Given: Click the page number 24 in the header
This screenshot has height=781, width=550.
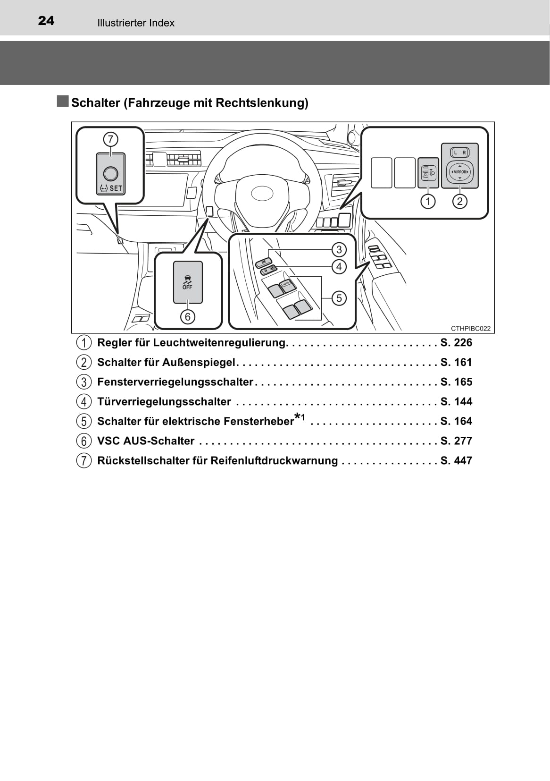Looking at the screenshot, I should tap(46, 21).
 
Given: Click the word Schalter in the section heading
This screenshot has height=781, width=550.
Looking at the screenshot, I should tap(96, 103).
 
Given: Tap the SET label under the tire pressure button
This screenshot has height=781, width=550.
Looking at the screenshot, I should tap(116, 188).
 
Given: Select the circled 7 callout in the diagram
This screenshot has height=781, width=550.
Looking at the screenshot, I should tap(110, 139).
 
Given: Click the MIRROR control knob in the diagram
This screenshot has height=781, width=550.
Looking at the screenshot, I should tap(459, 172).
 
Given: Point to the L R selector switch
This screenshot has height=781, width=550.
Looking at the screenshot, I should tap(459, 153).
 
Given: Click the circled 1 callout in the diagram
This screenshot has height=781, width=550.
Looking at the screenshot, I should tap(428, 202).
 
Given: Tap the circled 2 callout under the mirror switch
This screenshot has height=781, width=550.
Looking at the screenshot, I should tap(459, 202).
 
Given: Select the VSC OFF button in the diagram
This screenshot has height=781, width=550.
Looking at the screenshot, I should tap(187, 282).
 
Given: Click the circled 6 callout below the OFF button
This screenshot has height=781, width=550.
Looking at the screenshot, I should tap(187, 316).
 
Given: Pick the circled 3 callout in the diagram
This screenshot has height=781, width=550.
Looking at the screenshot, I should tap(339, 249).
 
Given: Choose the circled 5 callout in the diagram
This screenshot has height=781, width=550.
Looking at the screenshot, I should tap(339, 298).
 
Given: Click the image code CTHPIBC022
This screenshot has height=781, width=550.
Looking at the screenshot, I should tap(470, 329).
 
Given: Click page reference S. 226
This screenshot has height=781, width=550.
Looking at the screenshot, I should tap(456, 343).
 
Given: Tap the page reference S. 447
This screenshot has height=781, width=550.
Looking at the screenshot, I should tap(456, 461).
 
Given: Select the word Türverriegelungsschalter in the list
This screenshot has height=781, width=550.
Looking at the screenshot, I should tap(164, 402).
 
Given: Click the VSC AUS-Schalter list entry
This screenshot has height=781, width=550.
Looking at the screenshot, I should tap(146, 441).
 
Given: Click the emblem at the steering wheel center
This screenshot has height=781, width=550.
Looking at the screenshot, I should tap(262, 192).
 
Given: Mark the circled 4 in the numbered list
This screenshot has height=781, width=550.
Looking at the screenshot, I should tap(83, 402).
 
